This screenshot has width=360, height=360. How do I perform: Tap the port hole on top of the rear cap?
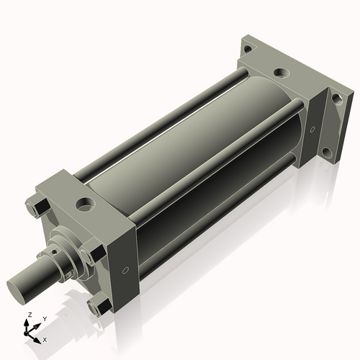(281, 73)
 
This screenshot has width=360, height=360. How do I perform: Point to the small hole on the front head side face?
(127, 271)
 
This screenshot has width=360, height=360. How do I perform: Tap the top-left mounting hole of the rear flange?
(247, 50)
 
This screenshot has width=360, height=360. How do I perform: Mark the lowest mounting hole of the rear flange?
(327, 153)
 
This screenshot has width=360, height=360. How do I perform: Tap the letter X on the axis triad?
(45, 338)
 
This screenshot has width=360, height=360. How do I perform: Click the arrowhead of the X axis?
(39, 336)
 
